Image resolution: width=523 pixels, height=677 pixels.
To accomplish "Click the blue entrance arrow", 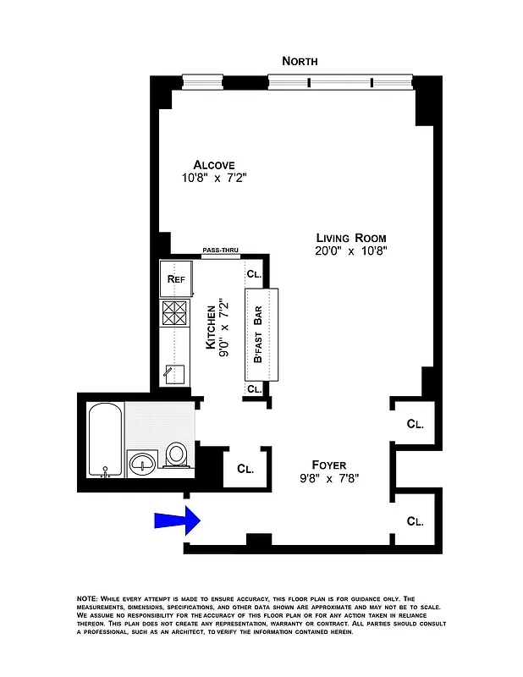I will pos(176,520).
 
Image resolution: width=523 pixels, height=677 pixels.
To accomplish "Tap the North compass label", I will pos(300,61).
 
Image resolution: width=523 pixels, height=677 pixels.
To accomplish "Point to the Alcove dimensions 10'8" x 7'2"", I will pos(213,179).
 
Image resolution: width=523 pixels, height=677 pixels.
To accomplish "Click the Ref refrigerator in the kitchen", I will pos(176,278).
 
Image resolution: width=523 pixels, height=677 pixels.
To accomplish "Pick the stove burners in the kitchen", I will pos(175,314).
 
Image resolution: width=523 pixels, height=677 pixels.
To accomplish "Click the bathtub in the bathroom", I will pos(105,442).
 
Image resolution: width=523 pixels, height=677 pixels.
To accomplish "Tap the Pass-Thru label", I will pos(220,250).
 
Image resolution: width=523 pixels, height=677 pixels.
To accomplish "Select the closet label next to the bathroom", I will pos(245,468).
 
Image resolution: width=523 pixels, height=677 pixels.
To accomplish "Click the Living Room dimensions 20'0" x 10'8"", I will pos(350,250).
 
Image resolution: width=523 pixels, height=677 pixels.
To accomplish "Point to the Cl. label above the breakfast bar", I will pos(254,274).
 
